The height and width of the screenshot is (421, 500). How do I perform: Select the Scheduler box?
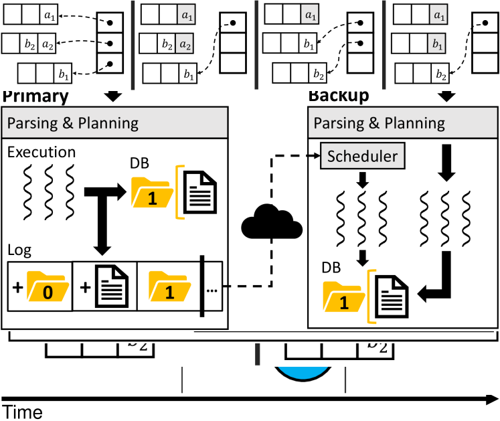(x=362, y=157)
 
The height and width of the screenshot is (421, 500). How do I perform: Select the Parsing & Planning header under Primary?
(x=72, y=122)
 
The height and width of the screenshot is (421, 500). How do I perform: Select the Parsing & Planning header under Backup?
(x=379, y=122)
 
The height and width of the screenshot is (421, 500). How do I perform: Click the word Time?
(x=22, y=412)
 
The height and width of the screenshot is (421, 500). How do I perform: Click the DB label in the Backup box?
(x=331, y=268)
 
